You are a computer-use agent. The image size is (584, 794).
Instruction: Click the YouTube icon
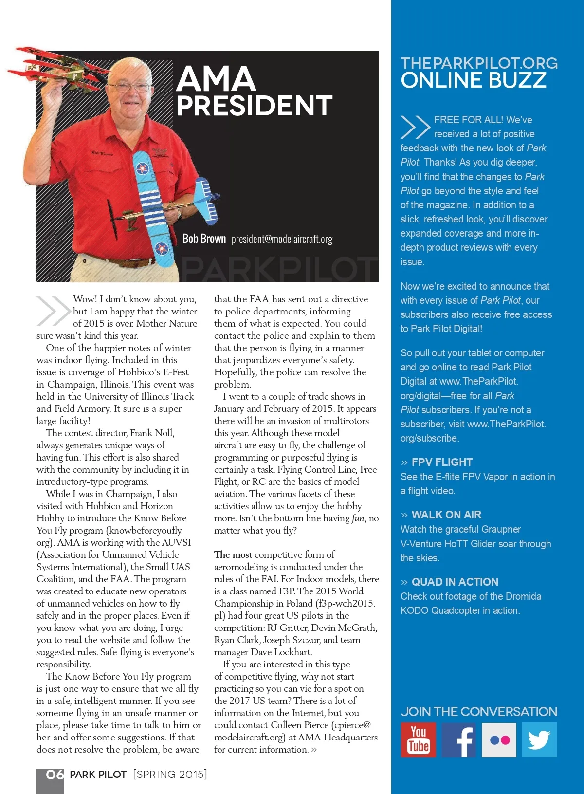[x=418, y=739]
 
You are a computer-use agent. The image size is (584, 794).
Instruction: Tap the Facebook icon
[x=458, y=739]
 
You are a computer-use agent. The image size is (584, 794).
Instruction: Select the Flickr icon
[x=499, y=739]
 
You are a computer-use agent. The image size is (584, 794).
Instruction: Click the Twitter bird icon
[x=539, y=739]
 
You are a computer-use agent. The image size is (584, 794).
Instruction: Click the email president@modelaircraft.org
[x=282, y=239]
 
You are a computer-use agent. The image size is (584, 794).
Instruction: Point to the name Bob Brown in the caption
[x=204, y=239]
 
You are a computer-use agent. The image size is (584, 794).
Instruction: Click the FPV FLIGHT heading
[x=441, y=462]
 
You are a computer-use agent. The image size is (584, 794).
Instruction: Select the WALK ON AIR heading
[x=446, y=515]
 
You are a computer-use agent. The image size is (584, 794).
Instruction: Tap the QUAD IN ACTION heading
[x=455, y=582]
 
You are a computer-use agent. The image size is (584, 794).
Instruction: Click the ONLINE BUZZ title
[x=473, y=80]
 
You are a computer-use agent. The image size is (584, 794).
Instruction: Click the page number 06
[x=55, y=774]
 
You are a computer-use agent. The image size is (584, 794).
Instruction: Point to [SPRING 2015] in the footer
[x=170, y=774]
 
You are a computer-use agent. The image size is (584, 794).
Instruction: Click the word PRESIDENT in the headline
[x=254, y=106]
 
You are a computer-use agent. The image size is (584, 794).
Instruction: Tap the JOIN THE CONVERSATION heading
[x=478, y=711]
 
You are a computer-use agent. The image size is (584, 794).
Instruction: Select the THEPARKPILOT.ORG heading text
[x=479, y=63]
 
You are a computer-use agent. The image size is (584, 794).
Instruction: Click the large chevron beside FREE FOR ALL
[x=415, y=127]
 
